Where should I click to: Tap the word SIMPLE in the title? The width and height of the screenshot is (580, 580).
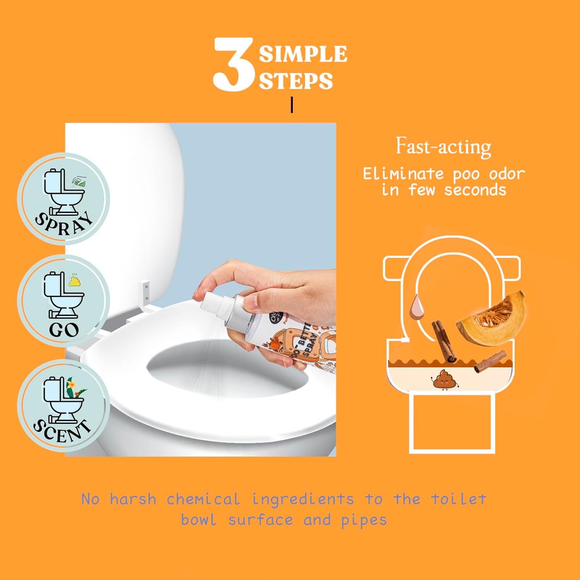point(303,54)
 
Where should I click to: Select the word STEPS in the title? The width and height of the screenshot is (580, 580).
point(296,81)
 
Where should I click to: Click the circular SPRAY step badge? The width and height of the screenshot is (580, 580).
point(63,199)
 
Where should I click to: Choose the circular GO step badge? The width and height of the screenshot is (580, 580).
point(63,301)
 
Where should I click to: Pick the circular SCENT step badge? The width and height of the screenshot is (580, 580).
point(63,405)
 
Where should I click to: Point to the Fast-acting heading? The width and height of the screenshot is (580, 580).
point(444,147)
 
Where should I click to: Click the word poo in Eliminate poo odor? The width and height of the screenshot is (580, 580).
point(466,174)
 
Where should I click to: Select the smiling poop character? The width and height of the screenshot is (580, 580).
point(445,380)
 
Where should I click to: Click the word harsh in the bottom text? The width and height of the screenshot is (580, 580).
point(133,499)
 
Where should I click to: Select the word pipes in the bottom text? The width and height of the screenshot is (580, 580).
point(364,520)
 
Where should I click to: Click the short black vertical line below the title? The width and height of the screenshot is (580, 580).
point(292,105)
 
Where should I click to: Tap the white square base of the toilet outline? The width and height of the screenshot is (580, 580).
point(452,422)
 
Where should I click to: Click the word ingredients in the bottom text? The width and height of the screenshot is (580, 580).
point(303,499)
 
